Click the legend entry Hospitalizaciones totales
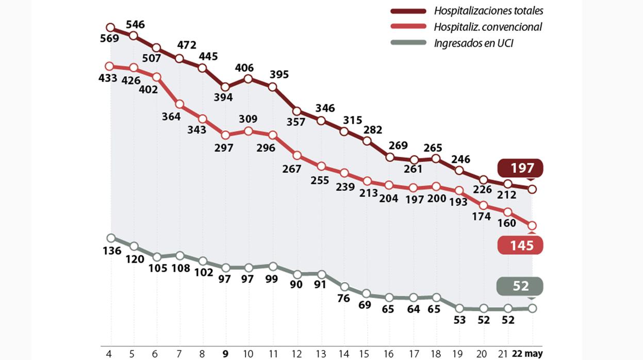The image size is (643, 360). (x=488, y=10)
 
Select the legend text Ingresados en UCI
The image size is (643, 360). (x=473, y=43)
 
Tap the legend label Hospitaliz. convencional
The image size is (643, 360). (x=487, y=27)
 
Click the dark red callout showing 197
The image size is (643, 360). (x=520, y=169)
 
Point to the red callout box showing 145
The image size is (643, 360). (x=521, y=246)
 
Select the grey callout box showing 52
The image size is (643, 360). (x=521, y=286)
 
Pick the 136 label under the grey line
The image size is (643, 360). (x=112, y=251)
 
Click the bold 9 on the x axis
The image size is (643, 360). (x=225, y=354)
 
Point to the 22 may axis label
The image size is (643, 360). (x=527, y=354)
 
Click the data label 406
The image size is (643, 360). (x=248, y=67)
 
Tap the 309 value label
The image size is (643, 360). (x=248, y=119)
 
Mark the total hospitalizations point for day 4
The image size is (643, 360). (x=110, y=27)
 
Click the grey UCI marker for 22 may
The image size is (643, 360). (x=532, y=308)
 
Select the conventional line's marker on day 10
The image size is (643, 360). (x=248, y=131)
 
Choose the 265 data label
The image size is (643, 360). (x=433, y=149)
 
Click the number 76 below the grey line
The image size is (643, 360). (x=343, y=299)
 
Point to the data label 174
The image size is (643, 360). (x=482, y=217)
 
